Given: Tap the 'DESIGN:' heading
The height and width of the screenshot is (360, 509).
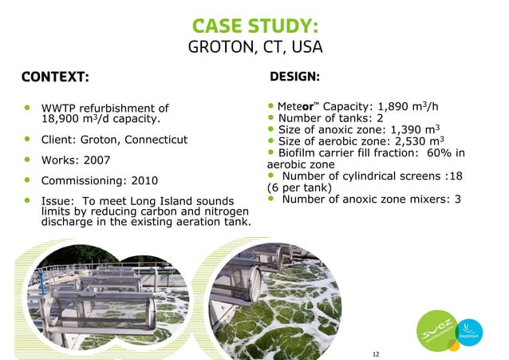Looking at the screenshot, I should pos(295,77).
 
